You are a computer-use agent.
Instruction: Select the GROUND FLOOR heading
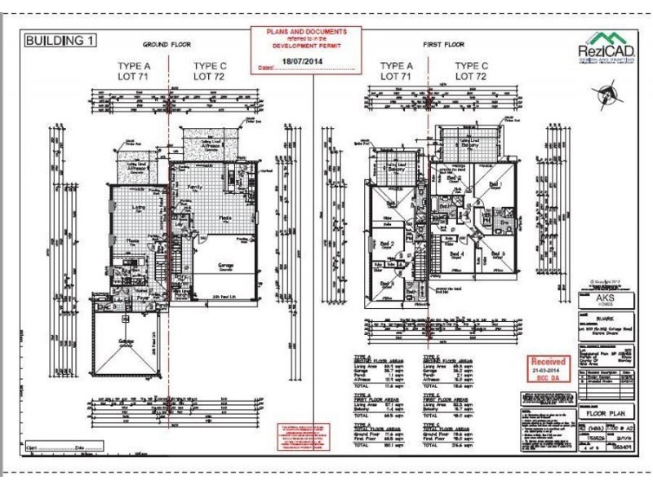[166, 44]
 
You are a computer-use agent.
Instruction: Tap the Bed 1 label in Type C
[494, 184]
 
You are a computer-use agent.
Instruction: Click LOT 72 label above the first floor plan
[471, 75]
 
